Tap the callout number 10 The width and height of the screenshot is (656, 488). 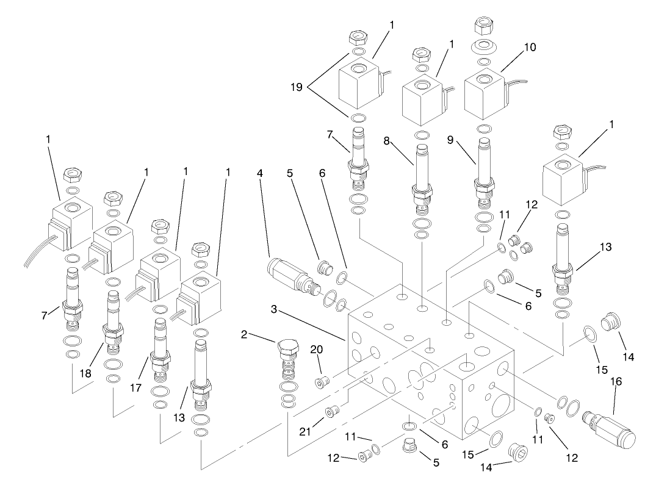click(530, 47)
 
